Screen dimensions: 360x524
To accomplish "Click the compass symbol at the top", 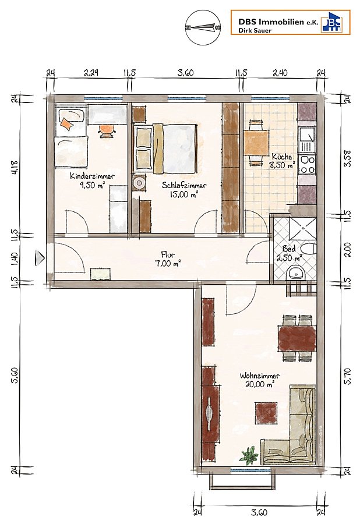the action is (203, 28).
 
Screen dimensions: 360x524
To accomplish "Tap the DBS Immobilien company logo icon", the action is (332, 22).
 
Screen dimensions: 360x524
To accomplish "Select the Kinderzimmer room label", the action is (92, 176).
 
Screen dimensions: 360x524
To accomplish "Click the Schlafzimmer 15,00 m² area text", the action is (183, 194).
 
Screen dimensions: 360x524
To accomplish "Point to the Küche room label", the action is (282, 157).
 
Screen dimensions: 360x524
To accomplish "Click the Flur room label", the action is (167, 254).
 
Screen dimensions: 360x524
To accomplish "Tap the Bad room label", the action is (289, 249).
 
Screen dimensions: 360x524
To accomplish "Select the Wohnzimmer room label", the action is (260, 376).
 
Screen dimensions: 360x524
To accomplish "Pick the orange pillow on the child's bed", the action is (67, 124).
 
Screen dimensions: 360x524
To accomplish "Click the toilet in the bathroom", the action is (308, 250).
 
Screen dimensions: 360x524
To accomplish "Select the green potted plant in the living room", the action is (249, 455).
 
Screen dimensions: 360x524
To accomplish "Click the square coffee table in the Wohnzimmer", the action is (266, 412).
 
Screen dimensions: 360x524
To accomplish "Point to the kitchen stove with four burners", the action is (307, 164).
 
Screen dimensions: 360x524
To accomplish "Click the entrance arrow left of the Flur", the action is (40, 259).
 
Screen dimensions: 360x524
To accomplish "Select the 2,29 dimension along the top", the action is (91, 73).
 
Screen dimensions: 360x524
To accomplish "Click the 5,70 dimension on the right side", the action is (348, 377).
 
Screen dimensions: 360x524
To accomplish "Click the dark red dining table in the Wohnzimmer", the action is (297, 338).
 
